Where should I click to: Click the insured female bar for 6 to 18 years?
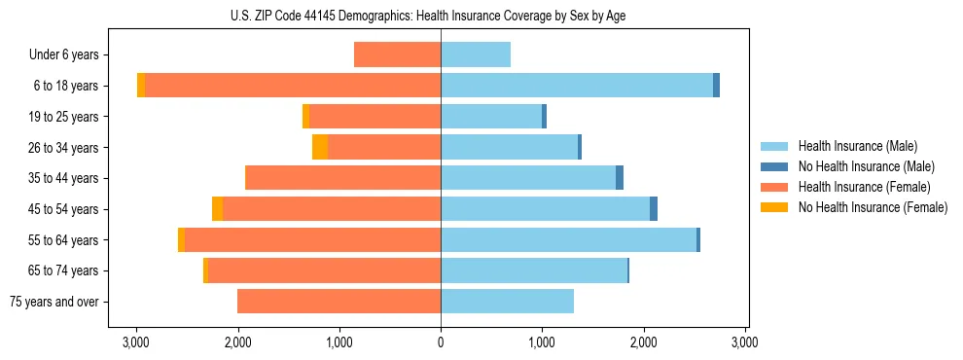tap(292, 86)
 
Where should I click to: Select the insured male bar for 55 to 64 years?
tap(568, 239)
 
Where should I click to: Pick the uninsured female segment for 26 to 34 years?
tap(320, 147)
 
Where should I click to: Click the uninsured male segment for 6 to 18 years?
tap(716, 86)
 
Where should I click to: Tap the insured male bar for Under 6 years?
tap(476, 54)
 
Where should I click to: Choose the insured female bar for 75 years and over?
tap(339, 302)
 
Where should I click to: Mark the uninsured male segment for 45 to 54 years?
tap(654, 209)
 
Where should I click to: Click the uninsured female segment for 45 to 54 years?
tap(217, 209)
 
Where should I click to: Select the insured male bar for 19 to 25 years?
tap(491, 117)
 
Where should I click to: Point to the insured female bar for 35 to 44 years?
tap(342, 178)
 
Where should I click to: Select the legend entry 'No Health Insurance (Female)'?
tap(873, 207)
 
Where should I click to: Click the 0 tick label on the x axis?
tap(441, 342)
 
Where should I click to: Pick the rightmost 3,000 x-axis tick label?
tap(744, 342)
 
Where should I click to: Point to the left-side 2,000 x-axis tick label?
tap(237, 342)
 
